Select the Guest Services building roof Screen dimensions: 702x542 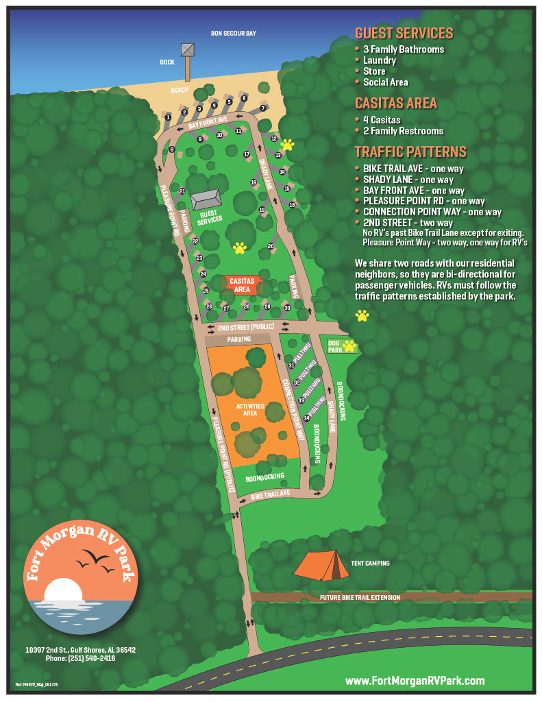[x=207, y=199]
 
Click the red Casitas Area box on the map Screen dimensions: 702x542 [x=241, y=285]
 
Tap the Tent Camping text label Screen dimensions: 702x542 [x=370, y=564]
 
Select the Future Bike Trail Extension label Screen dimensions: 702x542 [x=359, y=598]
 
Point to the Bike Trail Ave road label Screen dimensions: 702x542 [x=271, y=494]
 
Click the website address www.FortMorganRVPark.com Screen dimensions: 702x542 [x=415, y=680]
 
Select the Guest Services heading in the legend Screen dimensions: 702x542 [x=404, y=34]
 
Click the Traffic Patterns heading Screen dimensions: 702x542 [x=410, y=152]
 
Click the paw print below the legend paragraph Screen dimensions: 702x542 [x=362, y=315]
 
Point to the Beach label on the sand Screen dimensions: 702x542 [x=180, y=90]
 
